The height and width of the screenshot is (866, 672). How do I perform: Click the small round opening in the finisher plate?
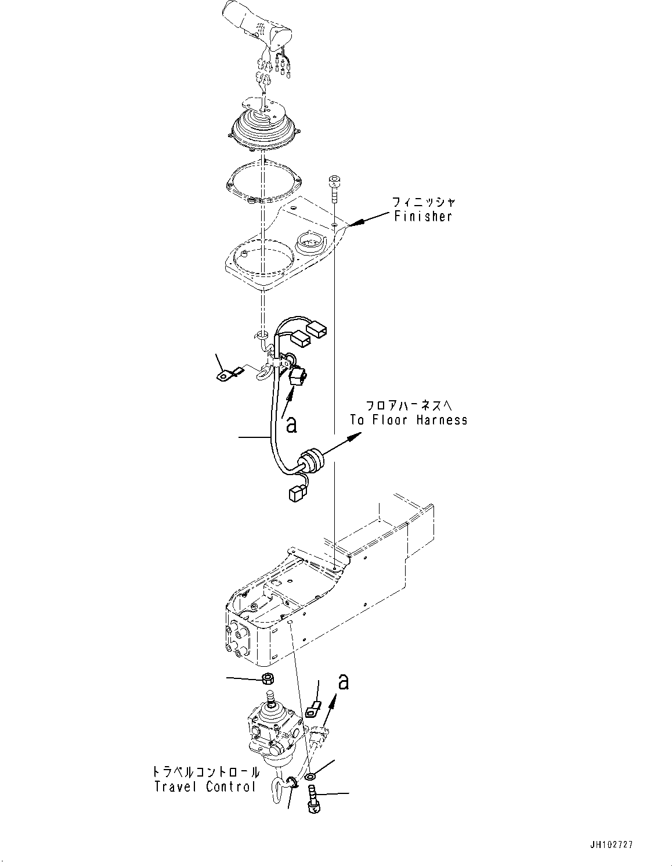(x=311, y=240)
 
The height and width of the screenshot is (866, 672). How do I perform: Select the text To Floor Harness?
(x=409, y=420)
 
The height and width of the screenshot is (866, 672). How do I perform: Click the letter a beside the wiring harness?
(x=292, y=425)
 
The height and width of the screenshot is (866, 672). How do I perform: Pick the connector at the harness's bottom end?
(x=295, y=494)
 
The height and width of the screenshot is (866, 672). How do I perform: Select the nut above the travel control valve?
(x=268, y=678)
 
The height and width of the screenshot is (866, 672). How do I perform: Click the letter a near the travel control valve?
(x=344, y=681)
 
